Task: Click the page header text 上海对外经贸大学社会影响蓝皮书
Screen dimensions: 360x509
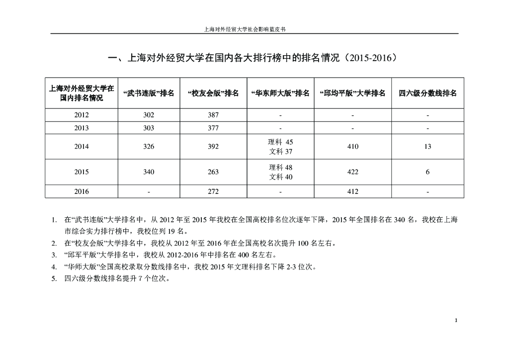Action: [245, 29]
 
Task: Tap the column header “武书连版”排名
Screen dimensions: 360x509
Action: [148, 93]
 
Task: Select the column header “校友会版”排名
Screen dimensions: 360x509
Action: [213, 93]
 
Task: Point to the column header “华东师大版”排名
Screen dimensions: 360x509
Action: [280, 93]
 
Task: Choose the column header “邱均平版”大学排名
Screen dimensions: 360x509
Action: [353, 93]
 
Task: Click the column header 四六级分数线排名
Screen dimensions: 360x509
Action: [427, 93]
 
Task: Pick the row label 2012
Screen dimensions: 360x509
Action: [82, 115]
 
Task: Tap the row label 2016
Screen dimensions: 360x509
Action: [82, 191]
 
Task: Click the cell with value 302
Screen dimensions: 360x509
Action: [148, 115]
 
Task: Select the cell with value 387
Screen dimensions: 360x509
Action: [213, 115]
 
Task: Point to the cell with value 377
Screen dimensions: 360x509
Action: [213, 128]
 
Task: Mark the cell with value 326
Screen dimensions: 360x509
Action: [148, 147]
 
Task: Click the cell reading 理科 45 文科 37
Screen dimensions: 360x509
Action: [281, 147]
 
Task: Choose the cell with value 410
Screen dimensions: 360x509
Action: [353, 147]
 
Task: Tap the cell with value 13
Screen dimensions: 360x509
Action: [428, 147]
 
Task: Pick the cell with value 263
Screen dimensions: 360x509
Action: [213, 172]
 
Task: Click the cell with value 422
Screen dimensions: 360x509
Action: [353, 172]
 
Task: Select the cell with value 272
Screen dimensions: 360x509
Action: [213, 191]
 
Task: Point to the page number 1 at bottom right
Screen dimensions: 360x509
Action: [456, 320]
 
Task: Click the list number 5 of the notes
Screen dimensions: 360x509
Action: [54, 279]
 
